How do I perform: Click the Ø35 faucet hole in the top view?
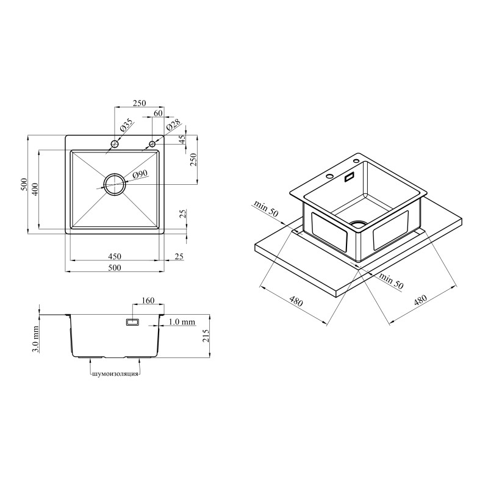115,144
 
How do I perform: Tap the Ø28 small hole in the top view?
152,144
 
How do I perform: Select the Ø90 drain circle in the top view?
115,184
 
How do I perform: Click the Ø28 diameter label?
173,125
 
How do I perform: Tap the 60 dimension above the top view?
158,113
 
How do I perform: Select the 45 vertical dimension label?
182,138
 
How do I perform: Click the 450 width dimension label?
115,256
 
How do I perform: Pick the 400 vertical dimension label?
35,189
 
